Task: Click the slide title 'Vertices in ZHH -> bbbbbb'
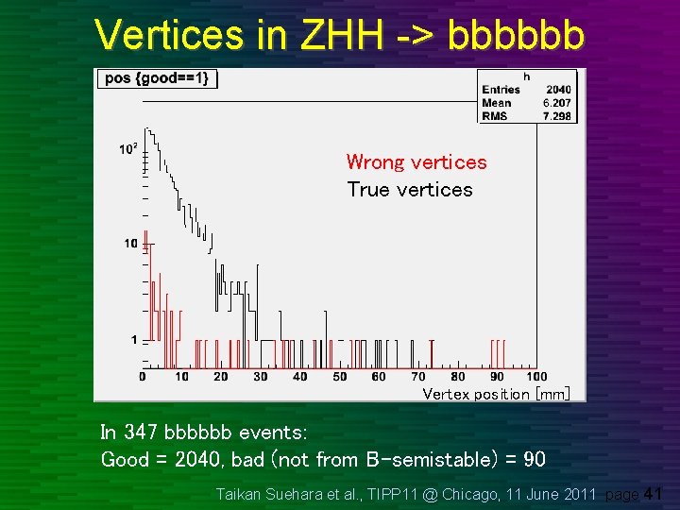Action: pos(340,35)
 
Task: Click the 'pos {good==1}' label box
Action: pos(158,78)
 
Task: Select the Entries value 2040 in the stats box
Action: pos(556,90)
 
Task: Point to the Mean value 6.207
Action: pos(556,103)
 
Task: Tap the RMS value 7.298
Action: pos(556,116)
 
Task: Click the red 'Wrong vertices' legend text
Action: pos(416,162)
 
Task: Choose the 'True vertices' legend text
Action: pos(409,190)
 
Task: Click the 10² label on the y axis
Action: pos(127,148)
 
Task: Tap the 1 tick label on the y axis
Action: pos(133,339)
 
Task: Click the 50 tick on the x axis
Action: pos(338,377)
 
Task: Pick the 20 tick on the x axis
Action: pos(220,377)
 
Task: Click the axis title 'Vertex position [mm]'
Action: pos(496,394)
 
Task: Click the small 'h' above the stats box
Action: pos(526,76)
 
